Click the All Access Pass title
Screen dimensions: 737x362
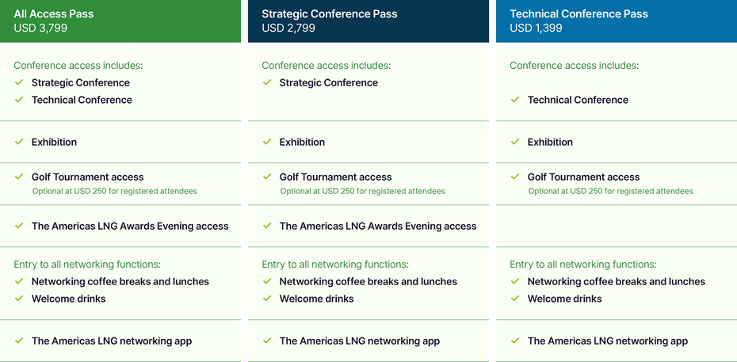54,13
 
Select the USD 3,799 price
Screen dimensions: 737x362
40,29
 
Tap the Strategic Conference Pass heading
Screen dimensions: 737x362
330,13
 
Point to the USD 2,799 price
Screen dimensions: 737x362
288,29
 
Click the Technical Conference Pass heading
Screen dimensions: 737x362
579,13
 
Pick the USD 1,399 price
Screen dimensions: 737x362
536,29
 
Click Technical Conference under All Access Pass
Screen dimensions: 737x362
82,100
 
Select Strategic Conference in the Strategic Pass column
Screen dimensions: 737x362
329,83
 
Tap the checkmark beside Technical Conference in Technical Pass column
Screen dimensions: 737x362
515,100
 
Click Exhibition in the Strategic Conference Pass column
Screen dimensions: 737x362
302,143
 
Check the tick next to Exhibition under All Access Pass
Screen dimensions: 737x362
19,142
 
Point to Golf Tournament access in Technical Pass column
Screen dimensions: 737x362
583,177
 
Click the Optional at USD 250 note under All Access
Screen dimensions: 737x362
114,191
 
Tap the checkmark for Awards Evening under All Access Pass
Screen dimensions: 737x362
19,226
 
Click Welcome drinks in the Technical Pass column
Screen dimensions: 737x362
564,299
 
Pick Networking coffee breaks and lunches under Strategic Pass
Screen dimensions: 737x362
368,282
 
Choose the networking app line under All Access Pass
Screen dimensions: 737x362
112,341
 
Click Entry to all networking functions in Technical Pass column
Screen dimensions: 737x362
583,265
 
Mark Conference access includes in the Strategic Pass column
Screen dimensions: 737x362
326,65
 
